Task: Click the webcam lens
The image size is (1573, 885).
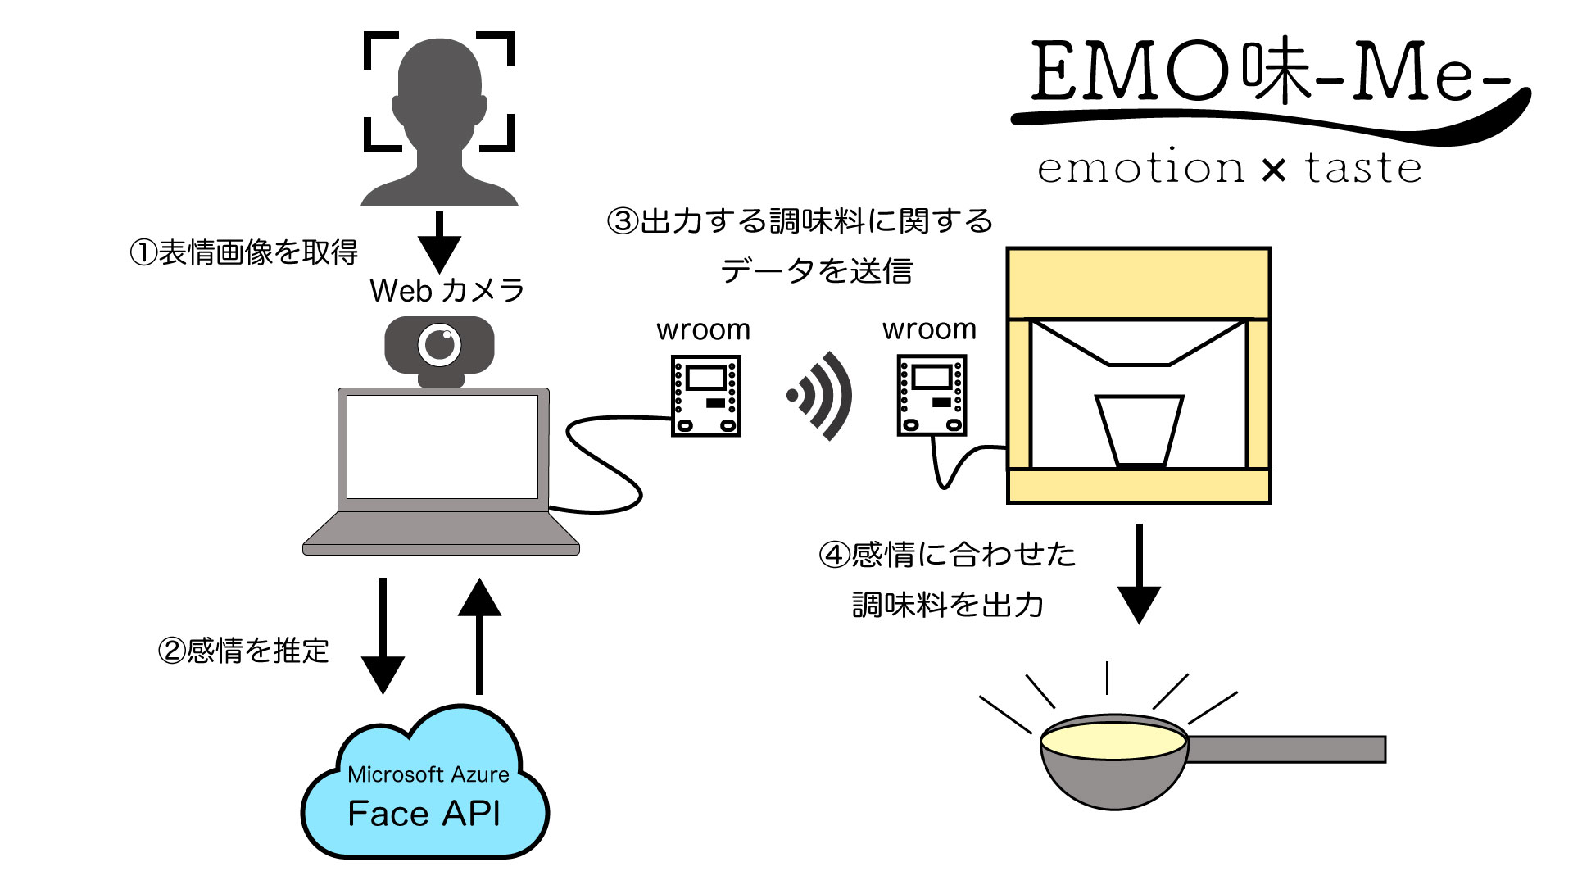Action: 440,345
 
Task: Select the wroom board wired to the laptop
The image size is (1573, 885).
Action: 705,396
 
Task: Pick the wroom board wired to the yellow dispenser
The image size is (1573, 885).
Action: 932,395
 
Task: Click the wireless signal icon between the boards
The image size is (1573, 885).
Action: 819,396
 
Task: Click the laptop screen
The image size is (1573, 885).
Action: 442,447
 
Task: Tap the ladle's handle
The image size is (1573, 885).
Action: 1286,749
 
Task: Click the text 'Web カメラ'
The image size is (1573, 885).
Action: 447,291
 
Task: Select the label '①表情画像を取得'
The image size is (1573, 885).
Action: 244,252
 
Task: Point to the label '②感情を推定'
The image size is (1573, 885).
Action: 243,651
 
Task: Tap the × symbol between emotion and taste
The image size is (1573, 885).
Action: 1274,170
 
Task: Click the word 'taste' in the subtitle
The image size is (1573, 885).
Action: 1363,168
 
